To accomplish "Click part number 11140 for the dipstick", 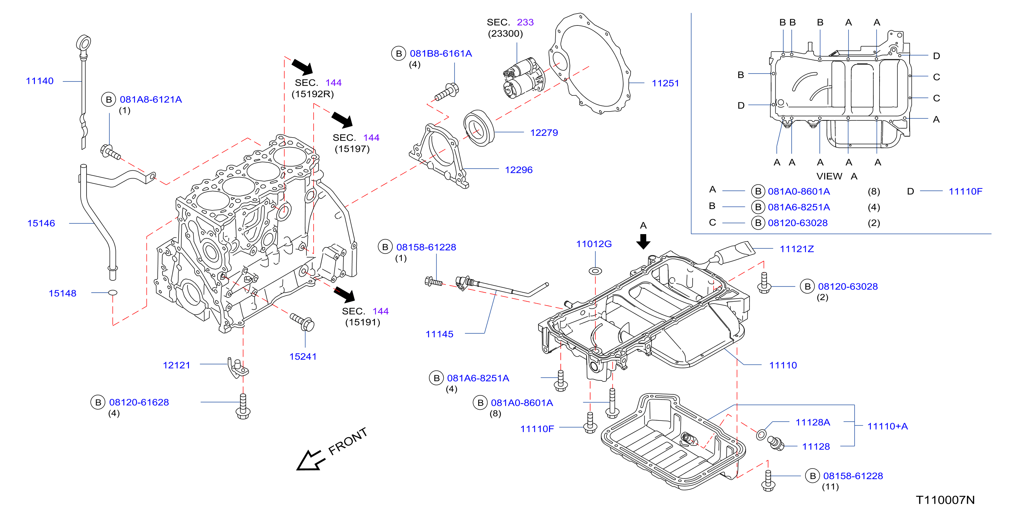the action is (39, 81).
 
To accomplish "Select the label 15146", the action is (41, 223).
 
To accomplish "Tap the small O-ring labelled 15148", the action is (113, 293).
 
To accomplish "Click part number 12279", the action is (544, 132).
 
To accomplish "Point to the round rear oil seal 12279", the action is (479, 128).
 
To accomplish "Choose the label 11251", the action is (665, 83).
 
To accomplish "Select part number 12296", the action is (519, 170).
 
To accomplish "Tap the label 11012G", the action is (594, 244).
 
